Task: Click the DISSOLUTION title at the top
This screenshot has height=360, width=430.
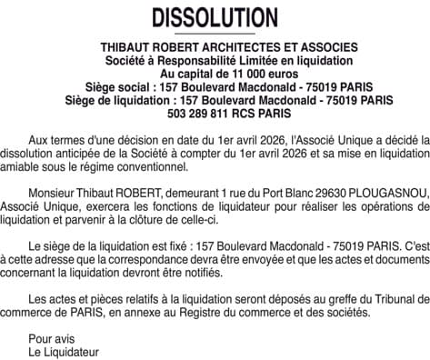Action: [215, 18]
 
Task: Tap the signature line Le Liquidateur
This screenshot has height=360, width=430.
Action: [63, 351]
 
